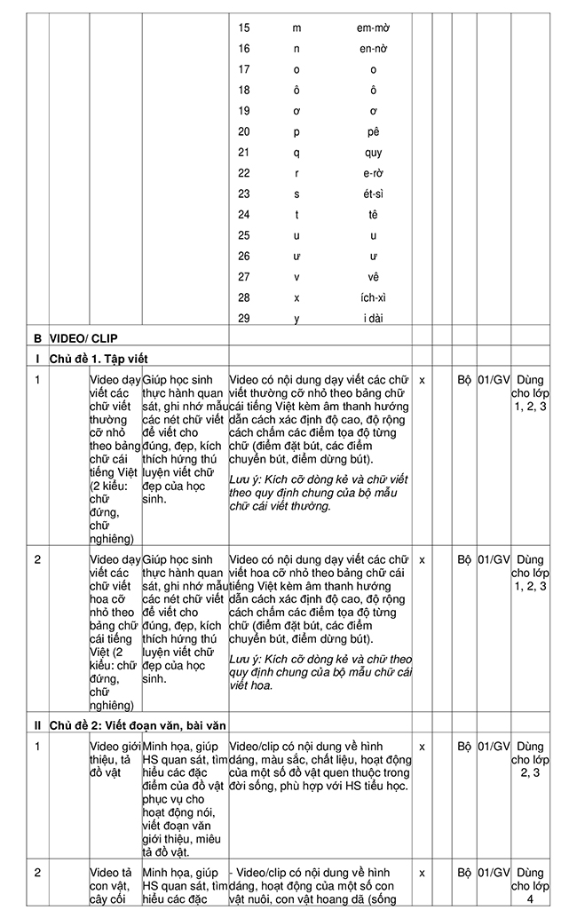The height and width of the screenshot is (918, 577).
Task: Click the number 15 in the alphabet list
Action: tap(244, 28)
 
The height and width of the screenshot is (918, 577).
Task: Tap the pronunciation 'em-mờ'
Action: tap(374, 28)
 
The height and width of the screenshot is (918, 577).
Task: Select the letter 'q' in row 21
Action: tap(296, 152)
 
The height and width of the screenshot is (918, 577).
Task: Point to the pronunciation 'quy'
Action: tap(374, 152)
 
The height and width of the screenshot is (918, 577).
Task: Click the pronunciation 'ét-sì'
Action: tap(374, 194)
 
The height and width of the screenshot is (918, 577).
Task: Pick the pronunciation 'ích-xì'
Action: tap(374, 297)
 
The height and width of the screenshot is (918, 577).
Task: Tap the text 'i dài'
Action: tap(374, 318)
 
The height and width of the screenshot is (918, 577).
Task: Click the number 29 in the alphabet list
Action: tap(244, 318)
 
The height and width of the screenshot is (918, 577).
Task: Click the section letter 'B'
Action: tap(37, 338)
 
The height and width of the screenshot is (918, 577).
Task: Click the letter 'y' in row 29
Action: tap(296, 318)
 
